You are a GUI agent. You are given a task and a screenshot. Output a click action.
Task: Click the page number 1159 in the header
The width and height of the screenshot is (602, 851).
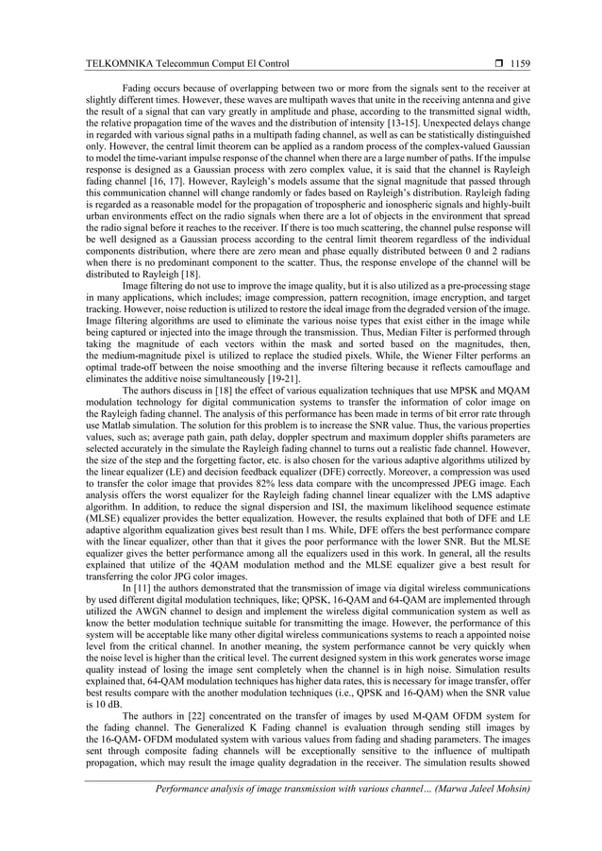pos(519,63)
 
